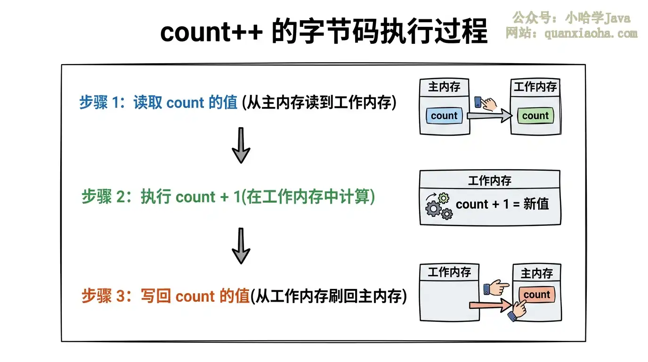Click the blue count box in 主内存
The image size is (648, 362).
[x=444, y=115]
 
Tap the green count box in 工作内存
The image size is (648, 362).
[x=535, y=115]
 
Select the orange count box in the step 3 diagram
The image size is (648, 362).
[x=537, y=295]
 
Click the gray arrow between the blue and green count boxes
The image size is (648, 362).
[x=489, y=115]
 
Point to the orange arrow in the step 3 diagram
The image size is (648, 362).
[x=491, y=305]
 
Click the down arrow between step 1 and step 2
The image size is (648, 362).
[x=241, y=145]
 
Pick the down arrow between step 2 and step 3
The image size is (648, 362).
[x=241, y=246]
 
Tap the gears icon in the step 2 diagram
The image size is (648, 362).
[x=439, y=206]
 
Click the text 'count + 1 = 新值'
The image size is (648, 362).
[x=502, y=204]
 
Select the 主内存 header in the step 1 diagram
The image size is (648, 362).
[x=444, y=87]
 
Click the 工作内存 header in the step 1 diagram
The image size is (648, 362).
[x=535, y=87]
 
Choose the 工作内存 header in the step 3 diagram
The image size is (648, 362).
[x=449, y=272]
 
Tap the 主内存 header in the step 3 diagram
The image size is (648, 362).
[x=537, y=273]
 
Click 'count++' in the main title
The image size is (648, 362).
[x=212, y=32]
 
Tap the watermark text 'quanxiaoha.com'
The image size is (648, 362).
[x=591, y=33]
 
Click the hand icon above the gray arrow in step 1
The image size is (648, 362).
[x=486, y=103]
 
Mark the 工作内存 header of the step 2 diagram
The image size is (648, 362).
[x=490, y=181]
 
